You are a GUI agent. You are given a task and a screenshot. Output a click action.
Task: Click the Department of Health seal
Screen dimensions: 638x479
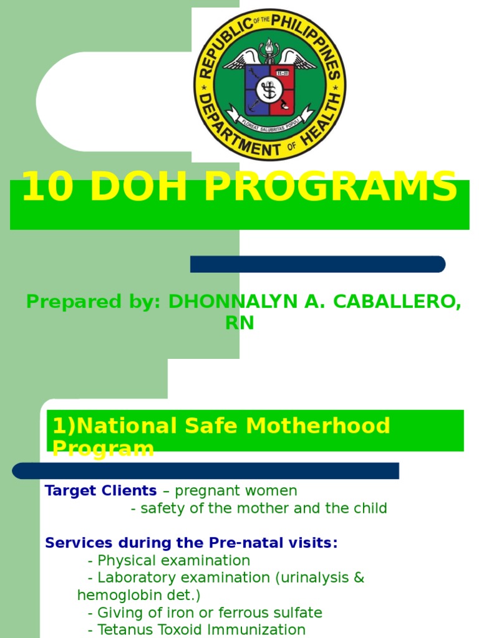coord(269,85)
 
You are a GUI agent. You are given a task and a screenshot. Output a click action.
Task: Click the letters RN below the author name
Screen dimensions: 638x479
coord(239,323)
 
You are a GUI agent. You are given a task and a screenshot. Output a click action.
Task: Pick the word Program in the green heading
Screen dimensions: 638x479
coord(103,448)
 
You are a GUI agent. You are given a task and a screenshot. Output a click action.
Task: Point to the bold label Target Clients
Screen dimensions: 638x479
coord(100,491)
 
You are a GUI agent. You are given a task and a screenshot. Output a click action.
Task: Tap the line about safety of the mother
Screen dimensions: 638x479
coord(259,508)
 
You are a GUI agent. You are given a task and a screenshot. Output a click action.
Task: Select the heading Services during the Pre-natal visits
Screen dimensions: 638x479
coord(191,543)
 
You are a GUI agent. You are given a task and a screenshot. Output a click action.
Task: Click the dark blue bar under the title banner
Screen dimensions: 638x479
coord(317,264)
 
